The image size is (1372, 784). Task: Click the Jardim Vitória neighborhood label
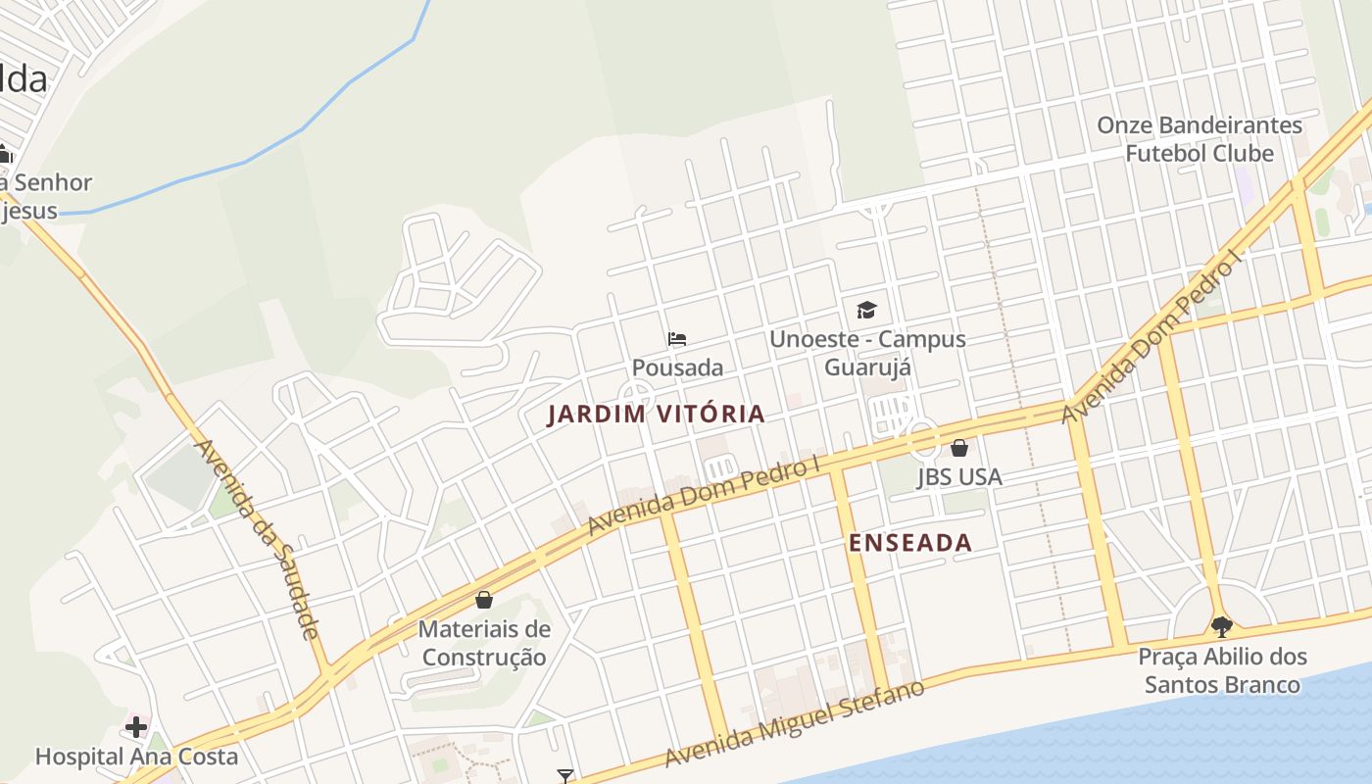tap(656, 415)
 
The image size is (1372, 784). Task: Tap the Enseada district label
tap(910, 543)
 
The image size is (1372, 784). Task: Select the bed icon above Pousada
tap(677, 340)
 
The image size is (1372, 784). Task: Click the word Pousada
tap(677, 367)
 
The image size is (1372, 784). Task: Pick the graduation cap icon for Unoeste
tap(866, 311)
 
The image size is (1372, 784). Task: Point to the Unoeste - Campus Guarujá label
tap(867, 353)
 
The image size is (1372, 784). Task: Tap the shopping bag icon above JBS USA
tap(959, 448)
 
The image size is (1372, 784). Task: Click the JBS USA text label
tap(959, 477)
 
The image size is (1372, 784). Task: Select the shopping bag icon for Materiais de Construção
tap(483, 600)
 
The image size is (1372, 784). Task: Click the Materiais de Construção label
tap(483, 643)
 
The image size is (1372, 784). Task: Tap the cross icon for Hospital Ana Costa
tap(136, 727)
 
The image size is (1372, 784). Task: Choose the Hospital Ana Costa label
tap(136, 757)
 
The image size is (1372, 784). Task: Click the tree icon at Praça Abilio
tap(1221, 626)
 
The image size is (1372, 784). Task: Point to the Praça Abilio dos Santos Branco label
tap(1222, 670)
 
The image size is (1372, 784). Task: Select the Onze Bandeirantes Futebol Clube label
tap(1200, 139)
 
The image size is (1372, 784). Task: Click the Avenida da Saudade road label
tap(258, 539)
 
